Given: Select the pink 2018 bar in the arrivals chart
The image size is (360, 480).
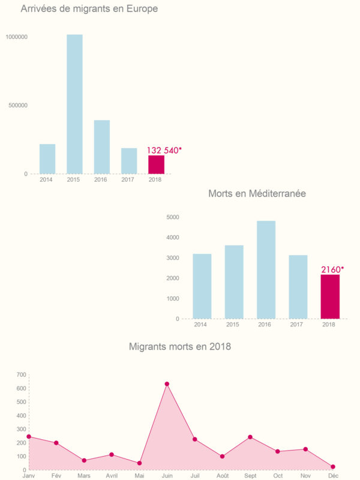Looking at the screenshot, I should pos(156,164).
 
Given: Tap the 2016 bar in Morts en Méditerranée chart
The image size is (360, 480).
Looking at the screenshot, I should pos(266,270).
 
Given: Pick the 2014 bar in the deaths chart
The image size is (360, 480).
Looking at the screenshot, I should pos(202,286).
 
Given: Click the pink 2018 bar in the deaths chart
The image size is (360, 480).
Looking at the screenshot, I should pos(330,296).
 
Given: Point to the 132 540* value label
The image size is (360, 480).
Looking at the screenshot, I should pos(164,150).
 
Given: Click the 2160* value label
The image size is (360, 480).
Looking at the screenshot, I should pos(332,269).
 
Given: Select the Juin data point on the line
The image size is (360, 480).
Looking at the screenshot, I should pos(167,384).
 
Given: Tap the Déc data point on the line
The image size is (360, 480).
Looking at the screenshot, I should pos(333,467).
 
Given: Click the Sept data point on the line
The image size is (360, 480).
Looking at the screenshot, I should pos(250,437).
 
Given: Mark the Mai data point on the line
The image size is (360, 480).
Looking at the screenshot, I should pos(139,463).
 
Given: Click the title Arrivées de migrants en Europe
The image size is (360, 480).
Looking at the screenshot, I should pos(89,9).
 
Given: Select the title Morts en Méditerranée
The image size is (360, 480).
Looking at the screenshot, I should pos(257,194).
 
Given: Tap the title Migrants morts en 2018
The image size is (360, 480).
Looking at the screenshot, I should pos(180,346).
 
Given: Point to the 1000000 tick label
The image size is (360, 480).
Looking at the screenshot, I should pos(16,37).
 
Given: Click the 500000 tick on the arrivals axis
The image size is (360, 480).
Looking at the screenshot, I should pos(17,105).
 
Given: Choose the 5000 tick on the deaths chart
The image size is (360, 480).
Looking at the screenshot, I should pos(173,217).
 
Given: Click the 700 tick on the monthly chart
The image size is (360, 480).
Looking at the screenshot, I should pos(21,374).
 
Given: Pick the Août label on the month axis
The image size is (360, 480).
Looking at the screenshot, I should pos(222,475).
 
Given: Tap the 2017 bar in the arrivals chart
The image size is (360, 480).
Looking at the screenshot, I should pos(129,161).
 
